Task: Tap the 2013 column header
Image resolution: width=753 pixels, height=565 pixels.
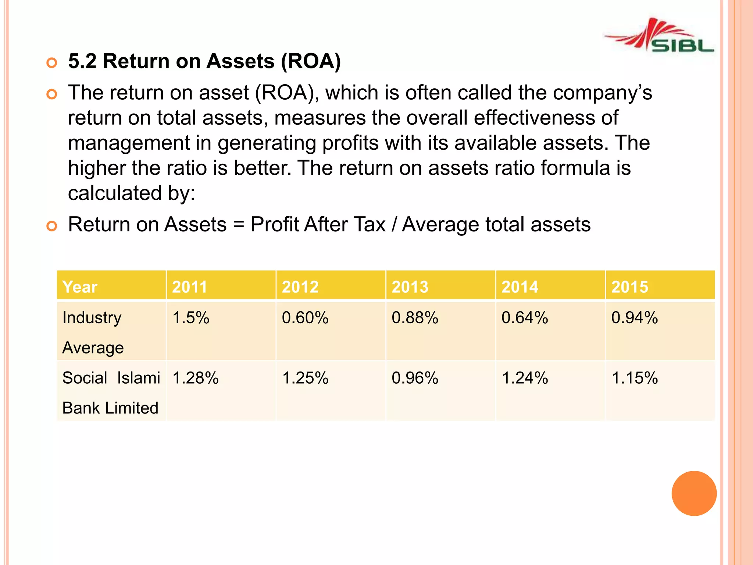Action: click(410, 287)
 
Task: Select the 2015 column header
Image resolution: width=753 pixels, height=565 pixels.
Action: click(629, 287)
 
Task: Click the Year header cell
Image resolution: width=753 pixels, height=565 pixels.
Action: click(80, 287)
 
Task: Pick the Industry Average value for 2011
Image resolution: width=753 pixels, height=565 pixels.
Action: click(191, 317)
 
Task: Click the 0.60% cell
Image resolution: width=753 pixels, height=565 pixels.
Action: click(305, 317)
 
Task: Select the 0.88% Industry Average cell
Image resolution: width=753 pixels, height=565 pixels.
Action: click(415, 317)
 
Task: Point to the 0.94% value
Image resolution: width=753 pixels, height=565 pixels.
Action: click(634, 317)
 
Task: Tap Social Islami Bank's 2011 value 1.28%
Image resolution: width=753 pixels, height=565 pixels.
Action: click(195, 378)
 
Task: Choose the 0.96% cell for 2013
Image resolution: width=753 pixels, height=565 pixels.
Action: click(415, 378)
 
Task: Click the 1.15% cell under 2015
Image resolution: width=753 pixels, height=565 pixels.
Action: click(635, 378)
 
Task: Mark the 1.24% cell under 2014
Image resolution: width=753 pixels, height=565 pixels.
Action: click(525, 378)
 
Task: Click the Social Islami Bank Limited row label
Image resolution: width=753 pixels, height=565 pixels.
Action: click(111, 392)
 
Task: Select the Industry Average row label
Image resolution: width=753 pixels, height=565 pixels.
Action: click(93, 332)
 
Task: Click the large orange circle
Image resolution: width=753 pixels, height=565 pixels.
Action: click(694, 493)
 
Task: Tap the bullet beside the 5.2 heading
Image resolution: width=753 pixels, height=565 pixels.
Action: click(52, 63)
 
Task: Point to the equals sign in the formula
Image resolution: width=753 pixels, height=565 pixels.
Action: click(239, 224)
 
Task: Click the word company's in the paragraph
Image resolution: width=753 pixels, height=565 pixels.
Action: click(603, 93)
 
